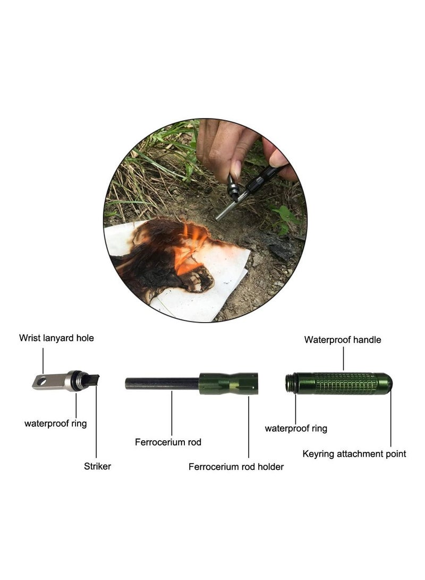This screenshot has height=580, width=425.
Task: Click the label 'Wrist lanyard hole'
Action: click(x=56, y=338)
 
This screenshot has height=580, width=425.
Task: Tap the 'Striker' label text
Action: click(x=97, y=466)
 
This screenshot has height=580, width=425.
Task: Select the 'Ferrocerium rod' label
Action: click(x=168, y=442)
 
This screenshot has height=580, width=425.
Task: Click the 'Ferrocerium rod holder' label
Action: click(x=236, y=467)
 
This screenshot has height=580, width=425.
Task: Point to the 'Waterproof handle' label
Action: click(x=343, y=340)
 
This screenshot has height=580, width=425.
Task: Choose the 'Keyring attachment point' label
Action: click(x=354, y=454)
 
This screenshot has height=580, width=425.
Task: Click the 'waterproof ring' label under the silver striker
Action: click(x=55, y=424)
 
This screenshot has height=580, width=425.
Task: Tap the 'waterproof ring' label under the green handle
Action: click(x=296, y=428)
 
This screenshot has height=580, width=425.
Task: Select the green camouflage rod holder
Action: click(x=228, y=383)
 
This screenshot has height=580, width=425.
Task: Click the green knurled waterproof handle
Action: click(x=345, y=383)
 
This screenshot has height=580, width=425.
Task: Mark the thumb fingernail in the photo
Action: click(x=236, y=169)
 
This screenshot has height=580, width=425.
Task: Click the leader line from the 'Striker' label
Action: click(x=97, y=425)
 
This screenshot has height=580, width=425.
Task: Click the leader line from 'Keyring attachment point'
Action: click(x=391, y=420)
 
